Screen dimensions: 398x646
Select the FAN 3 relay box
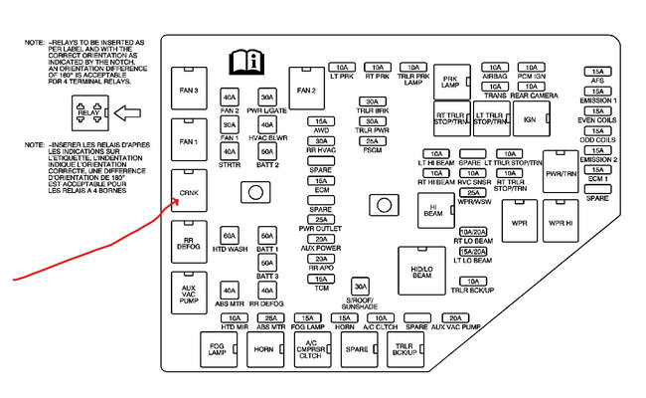point(189,92)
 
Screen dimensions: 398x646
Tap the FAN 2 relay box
point(305,91)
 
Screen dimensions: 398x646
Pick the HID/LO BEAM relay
point(421,271)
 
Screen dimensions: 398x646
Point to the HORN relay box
point(263,350)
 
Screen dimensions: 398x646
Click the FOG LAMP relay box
point(216,350)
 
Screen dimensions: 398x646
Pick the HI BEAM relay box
point(433,211)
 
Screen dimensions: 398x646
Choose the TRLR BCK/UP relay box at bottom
point(404,350)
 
